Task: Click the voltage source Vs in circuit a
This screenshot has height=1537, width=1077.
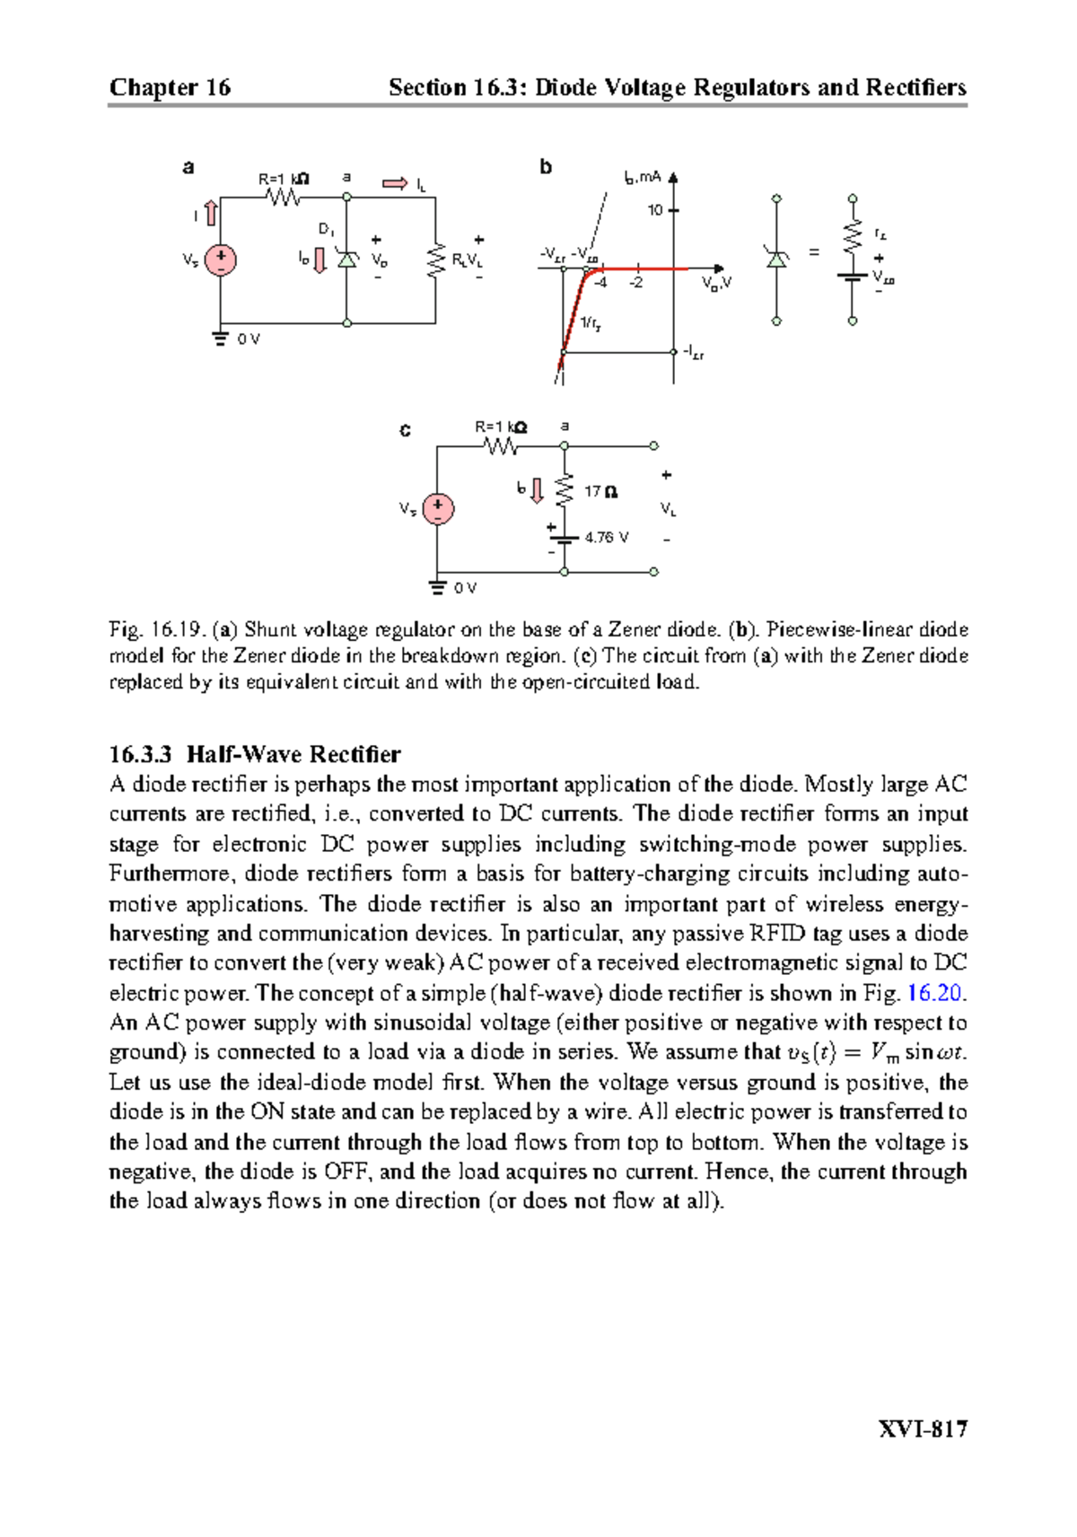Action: coord(220,260)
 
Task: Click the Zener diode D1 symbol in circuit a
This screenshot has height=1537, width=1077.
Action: coord(347,259)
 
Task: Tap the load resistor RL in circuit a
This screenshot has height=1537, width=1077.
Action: coord(437,260)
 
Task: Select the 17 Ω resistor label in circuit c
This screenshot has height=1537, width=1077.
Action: coord(600,492)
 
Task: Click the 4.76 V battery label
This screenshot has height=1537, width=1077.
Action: coord(607,538)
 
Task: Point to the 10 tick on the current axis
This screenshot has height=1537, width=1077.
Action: coord(655,210)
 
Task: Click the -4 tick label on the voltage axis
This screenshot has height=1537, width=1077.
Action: coord(600,283)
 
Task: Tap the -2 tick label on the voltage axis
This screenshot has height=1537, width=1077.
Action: coord(635,283)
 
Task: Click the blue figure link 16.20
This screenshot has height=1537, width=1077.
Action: coord(934,993)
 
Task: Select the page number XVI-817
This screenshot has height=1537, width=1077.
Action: coord(922,1428)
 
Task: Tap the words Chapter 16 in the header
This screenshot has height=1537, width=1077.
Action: coord(170,87)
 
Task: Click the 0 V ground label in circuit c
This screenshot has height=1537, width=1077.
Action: coord(465,588)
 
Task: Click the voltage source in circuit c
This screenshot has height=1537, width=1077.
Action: coord(438,509)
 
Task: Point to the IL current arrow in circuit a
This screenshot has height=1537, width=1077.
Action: coord(395,184)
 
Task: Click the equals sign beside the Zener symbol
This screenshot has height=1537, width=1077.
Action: coord(813,253)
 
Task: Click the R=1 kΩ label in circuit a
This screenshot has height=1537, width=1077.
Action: coord(284,179)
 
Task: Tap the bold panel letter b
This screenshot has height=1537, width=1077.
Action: coord(546,167)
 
